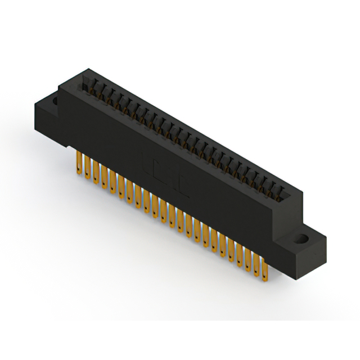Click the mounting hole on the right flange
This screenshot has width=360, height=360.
[303, 238]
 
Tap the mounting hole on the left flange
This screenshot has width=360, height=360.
[55, 102]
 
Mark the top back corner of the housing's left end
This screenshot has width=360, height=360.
[84, 70]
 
